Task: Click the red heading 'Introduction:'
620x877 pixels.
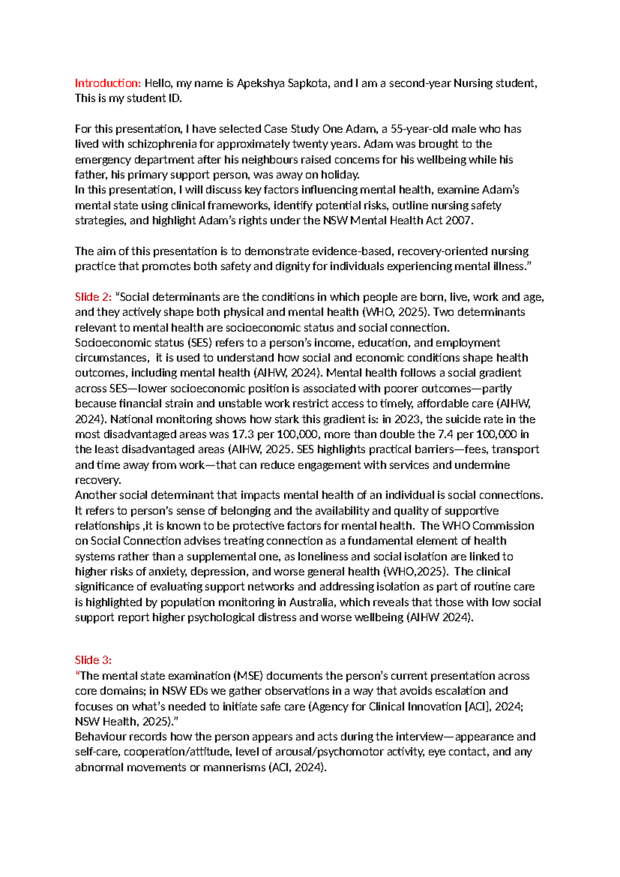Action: pos(107,83)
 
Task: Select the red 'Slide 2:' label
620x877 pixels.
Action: pos(93,297)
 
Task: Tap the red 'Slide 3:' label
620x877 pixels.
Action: pos(93,660)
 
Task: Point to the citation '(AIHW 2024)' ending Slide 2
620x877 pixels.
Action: pos(440,617)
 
